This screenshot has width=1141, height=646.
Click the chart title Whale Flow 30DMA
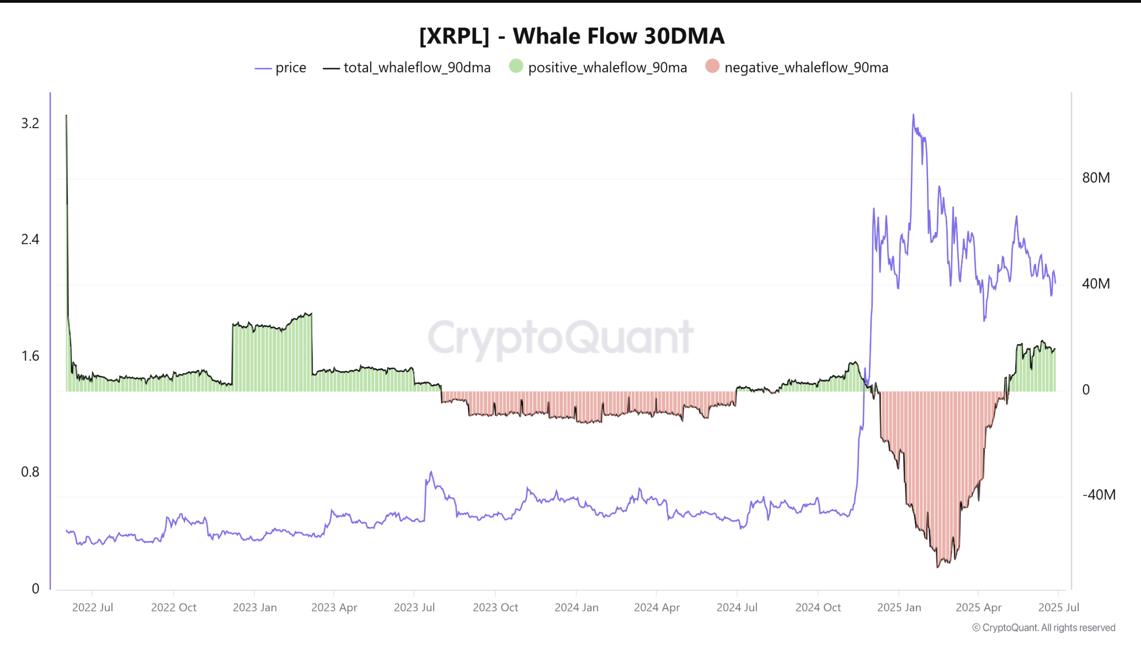point(572,36)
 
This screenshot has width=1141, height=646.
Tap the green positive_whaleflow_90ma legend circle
point(516,67)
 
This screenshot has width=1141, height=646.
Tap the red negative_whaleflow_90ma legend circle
point(712,67)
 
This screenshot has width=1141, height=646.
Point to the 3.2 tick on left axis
point(30,124)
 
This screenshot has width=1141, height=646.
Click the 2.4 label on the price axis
point(30,240)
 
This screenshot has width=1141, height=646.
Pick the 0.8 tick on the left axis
point(30,472)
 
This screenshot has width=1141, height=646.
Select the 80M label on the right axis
point(1096,178)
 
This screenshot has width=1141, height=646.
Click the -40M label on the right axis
point(1099,495)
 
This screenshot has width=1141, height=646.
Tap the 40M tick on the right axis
point(1096,284)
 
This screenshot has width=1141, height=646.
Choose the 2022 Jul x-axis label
point(93,607)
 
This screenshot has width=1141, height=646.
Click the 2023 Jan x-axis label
point(254,607)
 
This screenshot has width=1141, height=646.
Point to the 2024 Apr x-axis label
point(657,607)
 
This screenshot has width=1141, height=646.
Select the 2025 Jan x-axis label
point(899,607)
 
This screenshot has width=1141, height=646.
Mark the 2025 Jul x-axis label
point(1058,607)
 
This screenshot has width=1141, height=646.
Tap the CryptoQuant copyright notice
point(1043,628)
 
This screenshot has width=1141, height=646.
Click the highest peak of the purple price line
point(913,115)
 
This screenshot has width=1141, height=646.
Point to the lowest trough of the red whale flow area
point(937,566)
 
